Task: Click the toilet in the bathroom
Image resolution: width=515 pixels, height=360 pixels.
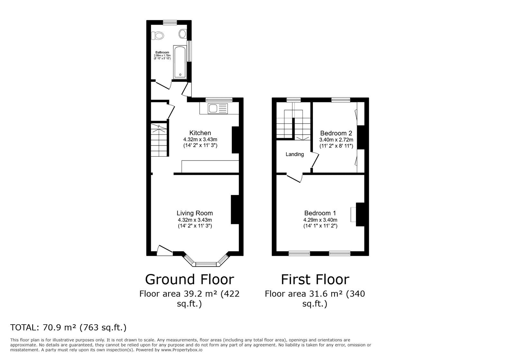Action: pos(158,35)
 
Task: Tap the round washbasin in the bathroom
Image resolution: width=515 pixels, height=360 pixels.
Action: pos(183,33)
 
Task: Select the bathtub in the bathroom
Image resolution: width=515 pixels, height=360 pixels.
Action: pos(180,62)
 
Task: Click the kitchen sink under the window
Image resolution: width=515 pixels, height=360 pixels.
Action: pos(213,109)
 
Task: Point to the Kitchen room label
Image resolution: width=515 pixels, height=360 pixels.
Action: pos(200,133)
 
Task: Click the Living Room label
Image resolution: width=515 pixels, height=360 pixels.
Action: pos(194,213)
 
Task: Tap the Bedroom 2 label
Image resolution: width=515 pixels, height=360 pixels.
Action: pos(336,133)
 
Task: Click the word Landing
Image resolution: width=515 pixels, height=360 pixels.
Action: pos(295,154)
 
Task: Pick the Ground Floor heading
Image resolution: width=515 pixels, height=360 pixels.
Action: pos(189,279)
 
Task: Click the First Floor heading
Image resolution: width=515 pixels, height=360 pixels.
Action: pos(315,279)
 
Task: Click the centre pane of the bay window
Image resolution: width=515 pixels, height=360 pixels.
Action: pos(205,264)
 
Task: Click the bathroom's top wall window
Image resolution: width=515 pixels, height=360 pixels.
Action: pos(170,22)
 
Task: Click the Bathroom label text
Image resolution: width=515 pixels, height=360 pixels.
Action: pos(162,52)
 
